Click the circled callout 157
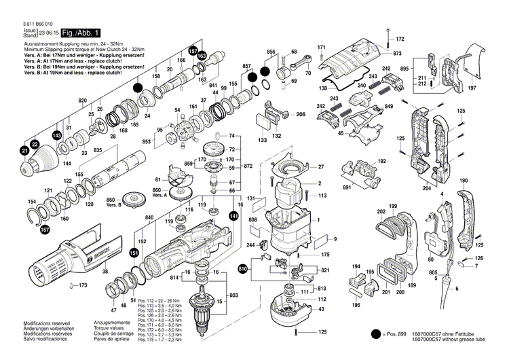[193, 51]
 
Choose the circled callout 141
[233, 215]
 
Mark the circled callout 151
[134, 253]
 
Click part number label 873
[397, 53]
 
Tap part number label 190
[464, 181]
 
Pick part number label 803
[233, 296]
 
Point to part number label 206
[301, 115]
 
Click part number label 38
[105, 272]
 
